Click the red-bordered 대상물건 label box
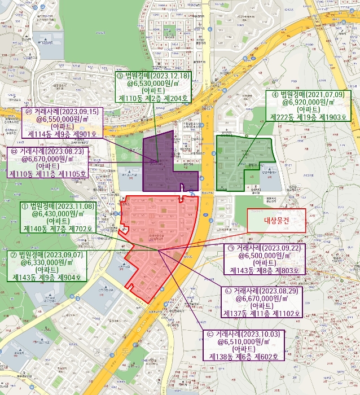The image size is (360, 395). pos(276,220)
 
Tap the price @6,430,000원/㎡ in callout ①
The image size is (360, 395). pos(58,214)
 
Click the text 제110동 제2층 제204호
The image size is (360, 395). pos(153,98)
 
